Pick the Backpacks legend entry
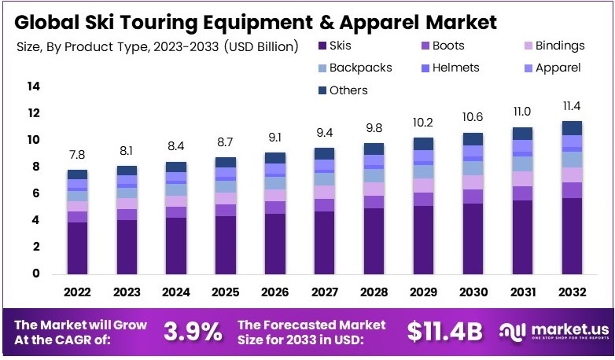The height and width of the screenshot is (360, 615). pyautogui.click(x=353, y=68)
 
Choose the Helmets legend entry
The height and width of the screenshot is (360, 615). pyautogui.click(x=447, y=68)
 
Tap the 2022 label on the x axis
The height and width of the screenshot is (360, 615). pyautogui.click(x=76, y=292)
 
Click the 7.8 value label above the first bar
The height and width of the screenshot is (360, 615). pyautogui.click(x=76, y=156)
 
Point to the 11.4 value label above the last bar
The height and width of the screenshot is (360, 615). pyautogui.click(x=572, y=106)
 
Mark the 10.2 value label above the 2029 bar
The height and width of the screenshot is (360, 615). pyautogui.click(x=423, y=123)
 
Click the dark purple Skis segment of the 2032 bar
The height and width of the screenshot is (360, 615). pyautogui.click(x=572, y=236)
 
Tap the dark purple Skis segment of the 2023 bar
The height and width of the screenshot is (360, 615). pyautogui.click(x=126, y=247)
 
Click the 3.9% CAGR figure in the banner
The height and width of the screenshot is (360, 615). pyautogui.click(x=193, y=332)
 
